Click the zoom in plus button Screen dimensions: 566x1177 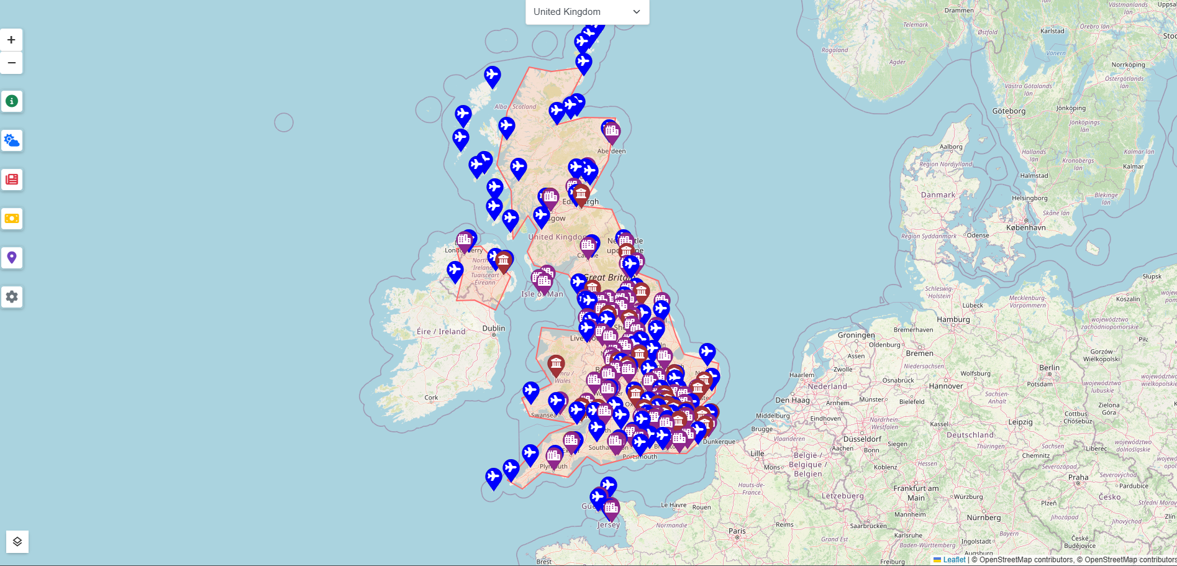click(11, 40)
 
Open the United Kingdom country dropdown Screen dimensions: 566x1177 click(587, 12)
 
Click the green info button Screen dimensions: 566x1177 click(11, 101)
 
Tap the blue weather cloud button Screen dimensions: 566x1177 click(11, 140)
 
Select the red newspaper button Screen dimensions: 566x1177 click(11, 180)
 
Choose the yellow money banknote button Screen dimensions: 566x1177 click(11, 219)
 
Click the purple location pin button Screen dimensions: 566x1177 click(11, 257)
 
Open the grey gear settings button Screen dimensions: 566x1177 click(11, 297)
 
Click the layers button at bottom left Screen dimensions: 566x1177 click(17, 542)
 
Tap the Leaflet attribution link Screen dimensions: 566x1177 click(954, 560)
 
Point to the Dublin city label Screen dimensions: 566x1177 click(494, 328)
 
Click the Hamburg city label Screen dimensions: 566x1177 click(953, 319)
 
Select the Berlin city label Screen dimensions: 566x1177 click(1050, 368)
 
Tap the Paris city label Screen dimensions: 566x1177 click(737, 531)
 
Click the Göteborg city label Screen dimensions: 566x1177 click(1009, 111)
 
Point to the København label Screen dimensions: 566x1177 click(1026, 227)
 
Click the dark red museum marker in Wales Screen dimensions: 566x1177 click(556, 364)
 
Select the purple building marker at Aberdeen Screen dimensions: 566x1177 click(612, 131)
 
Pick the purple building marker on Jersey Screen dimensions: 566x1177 click(612, 509)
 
